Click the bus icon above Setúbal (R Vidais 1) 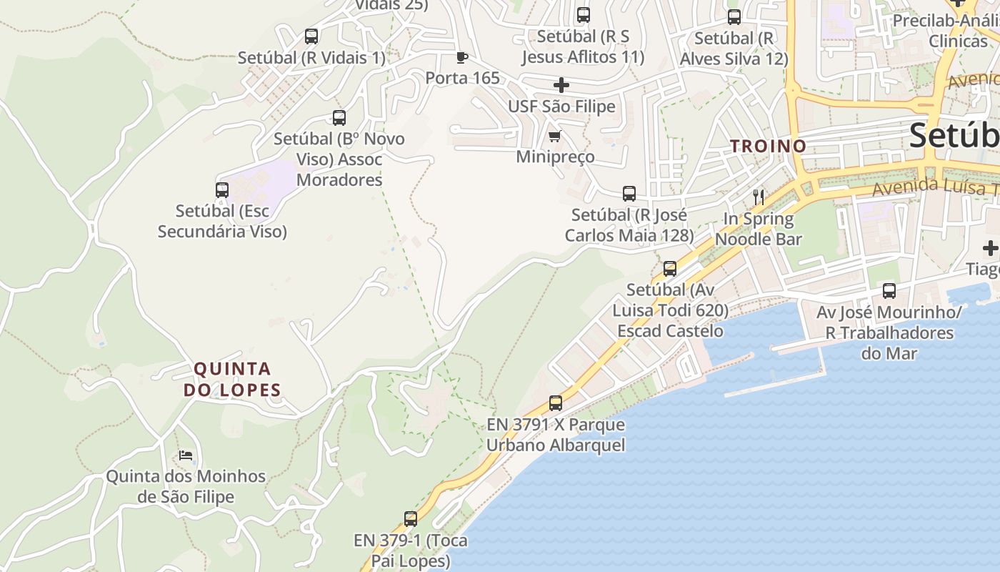(311, 36)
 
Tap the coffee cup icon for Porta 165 (462, 57)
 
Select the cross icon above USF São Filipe (561, 85)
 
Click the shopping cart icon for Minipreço (554, 136)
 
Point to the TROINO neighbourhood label (768, 146)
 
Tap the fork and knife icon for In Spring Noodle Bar (758, 197)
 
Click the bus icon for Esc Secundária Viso (222, 189)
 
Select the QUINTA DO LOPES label (233, 379)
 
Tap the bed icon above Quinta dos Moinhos (186, 455)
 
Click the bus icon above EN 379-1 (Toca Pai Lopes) (410, 518)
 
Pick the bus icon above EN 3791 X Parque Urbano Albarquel (556, 403)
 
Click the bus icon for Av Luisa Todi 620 (670, 268)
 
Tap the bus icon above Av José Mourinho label (889, 290)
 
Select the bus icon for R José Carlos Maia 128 (629, 193)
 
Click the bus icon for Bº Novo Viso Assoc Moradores (339, 117)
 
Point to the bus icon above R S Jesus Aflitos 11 (583, 14)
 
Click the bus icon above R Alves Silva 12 (734, 17)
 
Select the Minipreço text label (555, 157)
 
